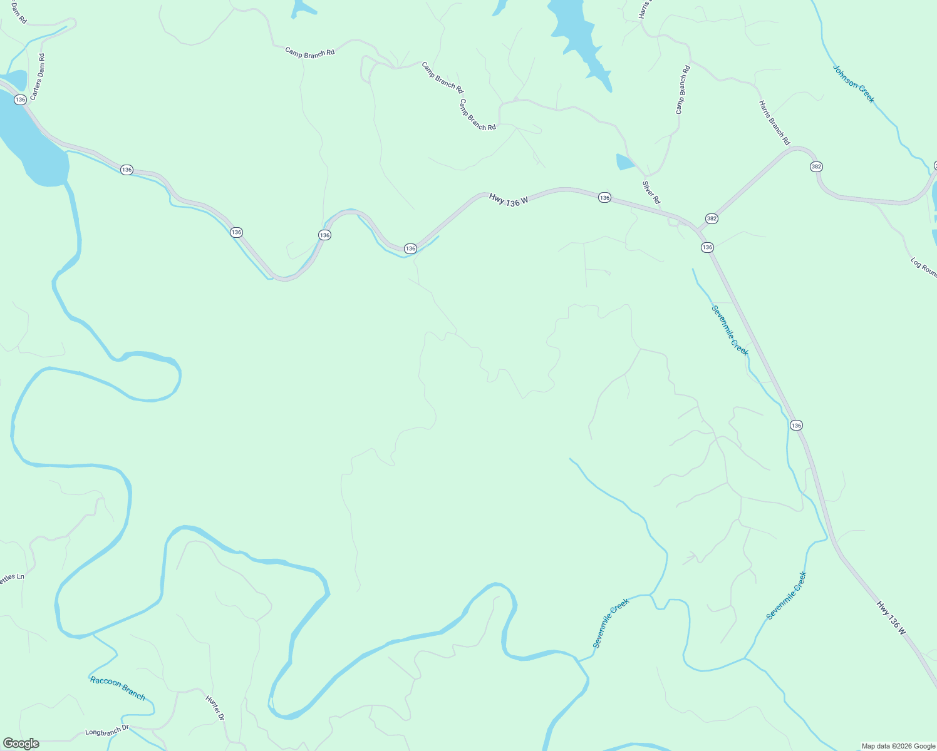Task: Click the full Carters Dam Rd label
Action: point(38,77)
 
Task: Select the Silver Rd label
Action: point(651,192)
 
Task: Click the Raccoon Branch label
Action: point(118,688)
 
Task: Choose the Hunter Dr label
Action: point(215,708)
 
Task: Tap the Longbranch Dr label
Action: point(106,730)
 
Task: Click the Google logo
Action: point(21,743)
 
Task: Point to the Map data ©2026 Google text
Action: point(898,746)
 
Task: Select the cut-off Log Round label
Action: point(924,268)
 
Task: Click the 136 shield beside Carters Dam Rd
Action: point(21,100)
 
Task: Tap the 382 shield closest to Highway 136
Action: point(712,218)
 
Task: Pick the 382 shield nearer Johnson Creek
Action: point(816,166)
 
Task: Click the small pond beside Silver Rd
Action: point(625,163)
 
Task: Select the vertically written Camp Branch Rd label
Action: point(683,89)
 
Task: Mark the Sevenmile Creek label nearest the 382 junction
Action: point(730,330)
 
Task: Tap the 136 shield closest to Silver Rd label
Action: point(604,198)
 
